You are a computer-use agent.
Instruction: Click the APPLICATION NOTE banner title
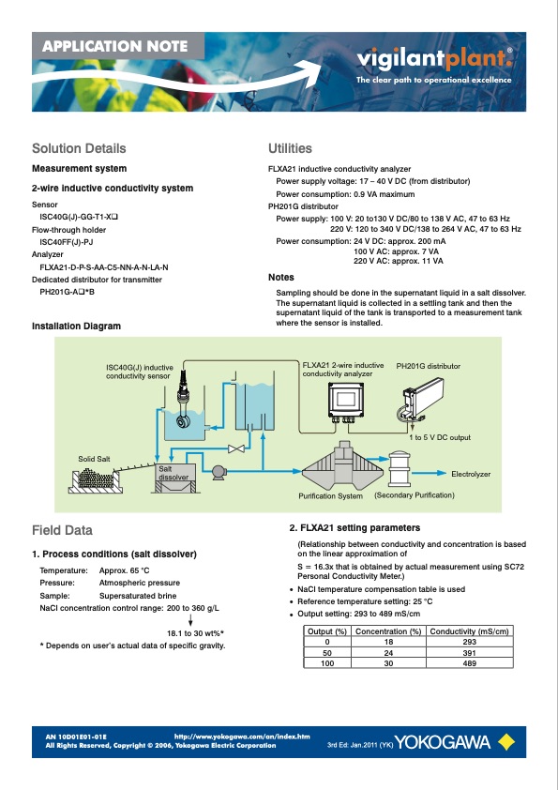(114, 46)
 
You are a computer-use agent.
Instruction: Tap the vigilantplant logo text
(434, 58)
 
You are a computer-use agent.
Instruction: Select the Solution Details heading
(79, 148)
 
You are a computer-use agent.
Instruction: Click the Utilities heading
(290, 148)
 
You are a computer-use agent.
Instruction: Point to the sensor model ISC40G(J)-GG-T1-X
(79, 217)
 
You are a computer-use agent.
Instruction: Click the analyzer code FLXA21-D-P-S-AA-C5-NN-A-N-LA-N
(104, 267)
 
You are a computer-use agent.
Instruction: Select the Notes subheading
(281, 277)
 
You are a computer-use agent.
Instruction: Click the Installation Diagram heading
(76, 326)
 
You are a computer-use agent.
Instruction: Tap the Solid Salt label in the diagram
(94, 459)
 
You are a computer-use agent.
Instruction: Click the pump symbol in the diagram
(219, 472)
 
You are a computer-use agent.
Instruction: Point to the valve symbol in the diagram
(235, 448)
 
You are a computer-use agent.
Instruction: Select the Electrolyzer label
(471, 474)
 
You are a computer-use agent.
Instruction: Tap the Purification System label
(330, 495)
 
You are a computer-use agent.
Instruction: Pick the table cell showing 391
(469, 653)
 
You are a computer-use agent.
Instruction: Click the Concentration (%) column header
(388, 631)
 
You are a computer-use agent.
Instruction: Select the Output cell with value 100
(327, 663)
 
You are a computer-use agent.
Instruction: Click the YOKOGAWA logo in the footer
(443, 742)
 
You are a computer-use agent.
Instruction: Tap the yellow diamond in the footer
(506, 742)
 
